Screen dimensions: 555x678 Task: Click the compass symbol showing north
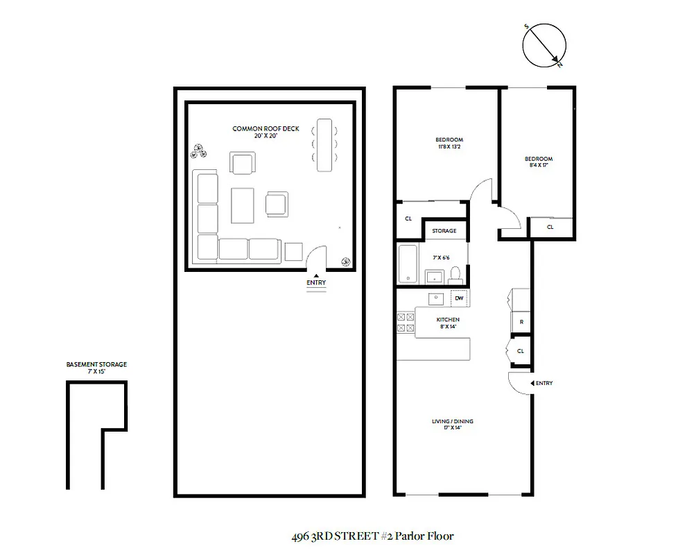544,46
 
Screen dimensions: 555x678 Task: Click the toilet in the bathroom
455,273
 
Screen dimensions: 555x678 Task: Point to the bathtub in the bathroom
408,264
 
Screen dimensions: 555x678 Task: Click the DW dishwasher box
458,299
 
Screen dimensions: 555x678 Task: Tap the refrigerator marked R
520,322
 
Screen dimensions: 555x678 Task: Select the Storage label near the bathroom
444,230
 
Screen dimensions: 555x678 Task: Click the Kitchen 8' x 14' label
448,323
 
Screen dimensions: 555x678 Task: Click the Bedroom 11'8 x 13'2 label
449,144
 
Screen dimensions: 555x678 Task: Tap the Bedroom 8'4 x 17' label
539,162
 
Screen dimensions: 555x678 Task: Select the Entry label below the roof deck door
315,282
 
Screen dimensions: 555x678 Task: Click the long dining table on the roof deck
325,146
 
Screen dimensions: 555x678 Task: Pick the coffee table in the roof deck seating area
243,205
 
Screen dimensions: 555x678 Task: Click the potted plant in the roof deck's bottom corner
345,261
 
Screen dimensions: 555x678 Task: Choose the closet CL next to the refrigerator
520,351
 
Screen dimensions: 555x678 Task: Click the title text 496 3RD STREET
333,536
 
